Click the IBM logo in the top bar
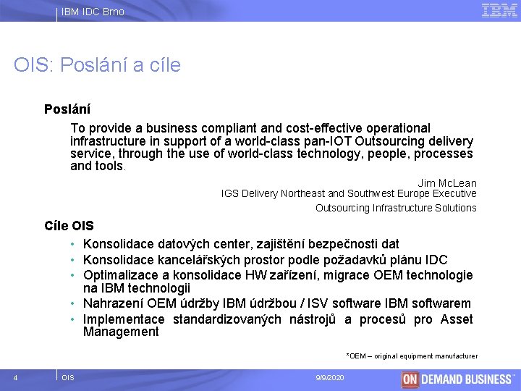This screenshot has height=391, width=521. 499,10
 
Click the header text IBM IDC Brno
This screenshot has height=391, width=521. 93,12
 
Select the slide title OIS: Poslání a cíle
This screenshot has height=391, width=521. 97,65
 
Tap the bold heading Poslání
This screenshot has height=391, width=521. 67,110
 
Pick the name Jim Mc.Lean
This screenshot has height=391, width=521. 446,183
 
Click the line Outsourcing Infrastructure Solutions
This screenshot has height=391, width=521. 396,208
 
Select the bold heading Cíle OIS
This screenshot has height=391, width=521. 69,226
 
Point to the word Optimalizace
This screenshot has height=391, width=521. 121,275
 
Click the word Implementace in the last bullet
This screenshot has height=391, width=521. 122,319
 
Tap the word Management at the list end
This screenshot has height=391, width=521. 121,332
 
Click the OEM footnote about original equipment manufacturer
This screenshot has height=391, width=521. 412,356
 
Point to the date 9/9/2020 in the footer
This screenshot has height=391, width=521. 330,378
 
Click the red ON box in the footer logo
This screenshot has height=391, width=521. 410,379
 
